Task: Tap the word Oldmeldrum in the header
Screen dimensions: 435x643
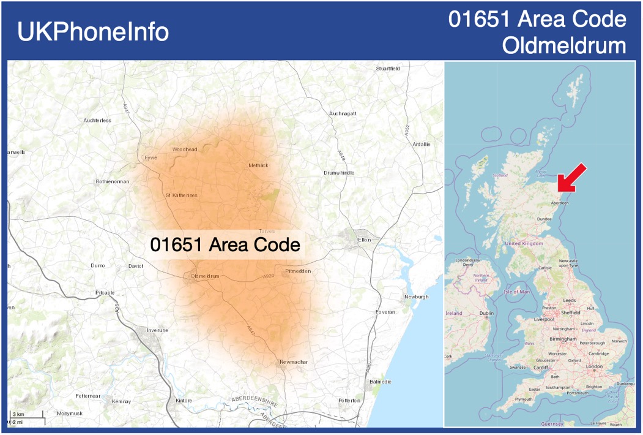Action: tap(564, 45)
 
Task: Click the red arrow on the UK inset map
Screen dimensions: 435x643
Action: tap(571, 178)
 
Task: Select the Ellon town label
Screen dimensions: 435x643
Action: tap(364, 240)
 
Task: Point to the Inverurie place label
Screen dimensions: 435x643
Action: tap(157, 330)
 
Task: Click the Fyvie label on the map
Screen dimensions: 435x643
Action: tap(151, 157)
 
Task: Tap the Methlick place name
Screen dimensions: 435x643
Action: tap(258, 165)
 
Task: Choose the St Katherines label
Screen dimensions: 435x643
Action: tap(182, 195)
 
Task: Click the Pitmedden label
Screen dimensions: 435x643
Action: tap(299, 270)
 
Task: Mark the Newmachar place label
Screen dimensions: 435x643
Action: tap(294, 362)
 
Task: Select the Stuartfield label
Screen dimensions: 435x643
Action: tap(388, 68)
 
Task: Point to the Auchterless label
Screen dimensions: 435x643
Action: tap(97, 121)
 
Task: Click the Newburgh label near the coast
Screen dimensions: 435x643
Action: tap(416, 297)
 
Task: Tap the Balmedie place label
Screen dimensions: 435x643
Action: tap(381, 382)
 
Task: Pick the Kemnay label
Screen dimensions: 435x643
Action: tap(121, 401)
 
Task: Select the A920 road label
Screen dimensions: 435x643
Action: tap(268, 277)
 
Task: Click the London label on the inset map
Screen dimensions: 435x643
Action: tap(594, 366)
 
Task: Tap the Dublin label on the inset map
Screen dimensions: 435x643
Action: tap(487, 313)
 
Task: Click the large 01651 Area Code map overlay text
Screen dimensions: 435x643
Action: tap(225, 245)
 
